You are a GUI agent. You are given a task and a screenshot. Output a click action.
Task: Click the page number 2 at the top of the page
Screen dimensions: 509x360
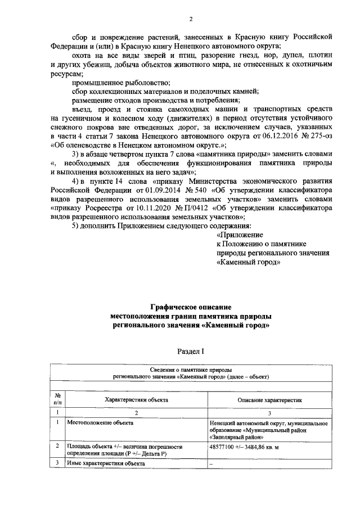pos(191,20)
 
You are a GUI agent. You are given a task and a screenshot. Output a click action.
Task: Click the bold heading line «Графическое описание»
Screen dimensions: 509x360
pos(191,307)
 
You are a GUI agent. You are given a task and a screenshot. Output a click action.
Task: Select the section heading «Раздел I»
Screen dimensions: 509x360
pos(191,350)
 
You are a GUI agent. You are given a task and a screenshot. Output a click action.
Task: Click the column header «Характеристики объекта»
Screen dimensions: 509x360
pos(136,399)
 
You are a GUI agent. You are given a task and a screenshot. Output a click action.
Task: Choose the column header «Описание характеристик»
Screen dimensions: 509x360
pos(267,399)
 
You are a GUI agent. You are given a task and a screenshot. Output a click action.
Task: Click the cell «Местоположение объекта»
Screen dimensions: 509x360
pos(100,421)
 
